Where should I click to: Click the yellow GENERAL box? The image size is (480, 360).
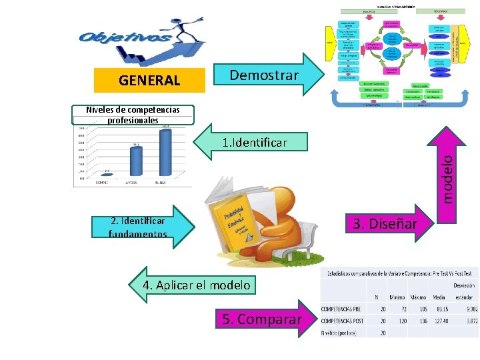pyautogui.click(x=149, y=81)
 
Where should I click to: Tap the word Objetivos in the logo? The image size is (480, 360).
pyautogui.click(x=124, y=38)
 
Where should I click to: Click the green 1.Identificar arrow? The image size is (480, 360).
pyautogui.click(x=253, y=142)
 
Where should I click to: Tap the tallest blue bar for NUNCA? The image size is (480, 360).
pyautogui.click(x=166, y=153)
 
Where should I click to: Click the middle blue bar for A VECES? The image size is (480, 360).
pyautogui.click(x=135, y=162)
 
